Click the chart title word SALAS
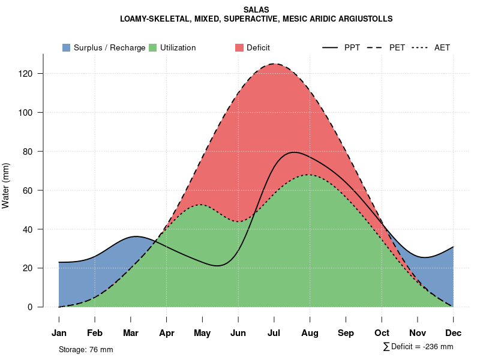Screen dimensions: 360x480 [x=256, y=10]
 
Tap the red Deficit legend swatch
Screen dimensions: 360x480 [x=239, y=47]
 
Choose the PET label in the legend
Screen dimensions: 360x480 [x=397, y=47]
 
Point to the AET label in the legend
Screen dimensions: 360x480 [x=442, y=47]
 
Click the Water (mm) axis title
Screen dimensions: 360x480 [x=6, y=186]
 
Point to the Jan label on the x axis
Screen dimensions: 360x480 [x=59, y=333]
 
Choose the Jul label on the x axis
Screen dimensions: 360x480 [x=274, y=333]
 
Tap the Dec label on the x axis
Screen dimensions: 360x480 [x=454, y=333]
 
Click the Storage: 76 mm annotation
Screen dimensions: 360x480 [x=86, y=349]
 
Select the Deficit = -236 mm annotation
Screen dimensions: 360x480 [x=418, y=347]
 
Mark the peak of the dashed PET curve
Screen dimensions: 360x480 [x=275, y=64]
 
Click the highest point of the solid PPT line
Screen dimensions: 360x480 [x=293, y=152]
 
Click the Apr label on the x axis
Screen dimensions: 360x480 [x=166, y=333]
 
